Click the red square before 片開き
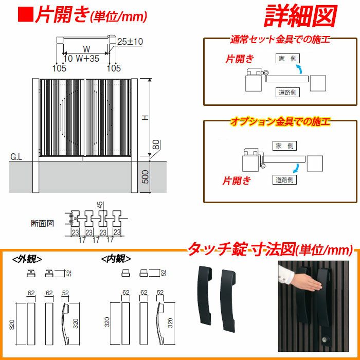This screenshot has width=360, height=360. [x=26, y=14]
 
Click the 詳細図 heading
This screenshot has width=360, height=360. [x=300, y=15]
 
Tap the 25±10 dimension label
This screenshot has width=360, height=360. [x=130, y=42]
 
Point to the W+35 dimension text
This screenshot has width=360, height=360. [x=87, y=58]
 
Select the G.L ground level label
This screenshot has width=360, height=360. [x=16, y=157]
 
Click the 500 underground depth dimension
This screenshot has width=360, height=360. [x=145, y=177]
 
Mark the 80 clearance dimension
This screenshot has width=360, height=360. [x=156, y=145]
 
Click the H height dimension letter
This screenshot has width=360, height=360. [x=146, y=118]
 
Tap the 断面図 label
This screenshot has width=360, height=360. [x=43, y=223]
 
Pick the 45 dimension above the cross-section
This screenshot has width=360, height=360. [x=101, y=205]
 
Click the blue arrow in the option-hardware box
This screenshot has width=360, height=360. [x=296, y=168]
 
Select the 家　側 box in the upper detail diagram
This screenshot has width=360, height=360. [x=287, y=59]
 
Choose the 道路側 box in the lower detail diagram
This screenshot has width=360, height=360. [x=284, y=179]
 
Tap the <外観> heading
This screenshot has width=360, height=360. [x=27, y=259]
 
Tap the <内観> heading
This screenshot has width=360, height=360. [x=116, y=259]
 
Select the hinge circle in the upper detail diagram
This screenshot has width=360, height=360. [x=266, y=73]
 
